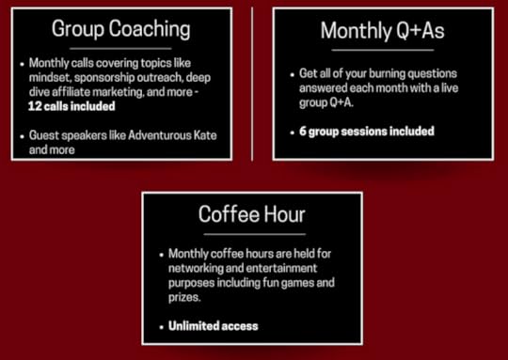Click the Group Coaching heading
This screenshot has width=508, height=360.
click(x=120, y=29)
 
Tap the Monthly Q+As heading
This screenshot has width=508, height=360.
click(x=382, y=31)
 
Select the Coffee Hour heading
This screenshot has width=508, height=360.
click(x=251, y=214)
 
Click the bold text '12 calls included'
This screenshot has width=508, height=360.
click(x=69, y=106)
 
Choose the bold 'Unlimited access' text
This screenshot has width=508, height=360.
click(x=213, y=325)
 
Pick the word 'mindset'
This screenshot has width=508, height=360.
click(x=47, y=78)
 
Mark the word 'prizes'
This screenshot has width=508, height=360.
click(x=184, y=296)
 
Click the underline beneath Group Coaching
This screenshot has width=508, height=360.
click(x=120, y=49)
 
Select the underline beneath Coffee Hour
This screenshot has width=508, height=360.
click(x=252, y=233)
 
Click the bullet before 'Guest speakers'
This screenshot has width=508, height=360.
click(x=21, y=135)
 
